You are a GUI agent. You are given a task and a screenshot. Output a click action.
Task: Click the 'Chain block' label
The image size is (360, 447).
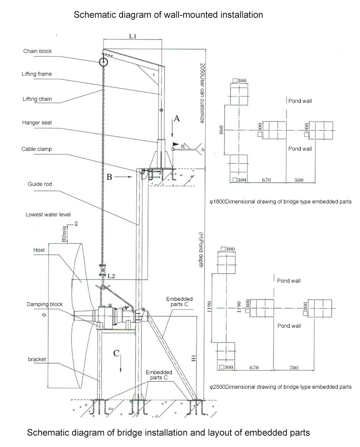click(x=37, y=51)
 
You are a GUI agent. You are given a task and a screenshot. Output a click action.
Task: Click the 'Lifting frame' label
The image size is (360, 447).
click(x=36, y=74)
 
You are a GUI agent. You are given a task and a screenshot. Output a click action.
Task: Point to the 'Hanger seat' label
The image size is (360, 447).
click(x=36, y=122)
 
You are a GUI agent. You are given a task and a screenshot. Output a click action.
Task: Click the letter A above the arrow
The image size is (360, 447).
click(x=178, y=119)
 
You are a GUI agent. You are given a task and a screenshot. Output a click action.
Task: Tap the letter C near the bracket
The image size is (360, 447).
click(x=117, y=353)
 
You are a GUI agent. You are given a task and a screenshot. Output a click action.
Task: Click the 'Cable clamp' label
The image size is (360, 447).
click(x=36, y=149)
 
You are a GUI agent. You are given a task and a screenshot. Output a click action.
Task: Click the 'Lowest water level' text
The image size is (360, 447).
click(x=48, y=214)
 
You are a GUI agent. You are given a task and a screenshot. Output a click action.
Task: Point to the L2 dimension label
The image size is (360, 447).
click(x=111, y=276)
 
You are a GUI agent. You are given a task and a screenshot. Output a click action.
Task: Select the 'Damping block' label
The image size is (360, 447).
click(x=44, y=304)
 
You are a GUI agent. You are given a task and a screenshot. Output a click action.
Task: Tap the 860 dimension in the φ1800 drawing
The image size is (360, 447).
click(x=221, y=130)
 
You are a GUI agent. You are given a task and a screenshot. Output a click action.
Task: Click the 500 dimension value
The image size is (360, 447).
click(x=298, y=180)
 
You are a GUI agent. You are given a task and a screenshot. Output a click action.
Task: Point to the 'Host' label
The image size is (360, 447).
click(x=39, y=250)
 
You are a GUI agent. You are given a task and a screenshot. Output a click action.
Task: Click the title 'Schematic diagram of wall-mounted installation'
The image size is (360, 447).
click(x=168, y=15)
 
